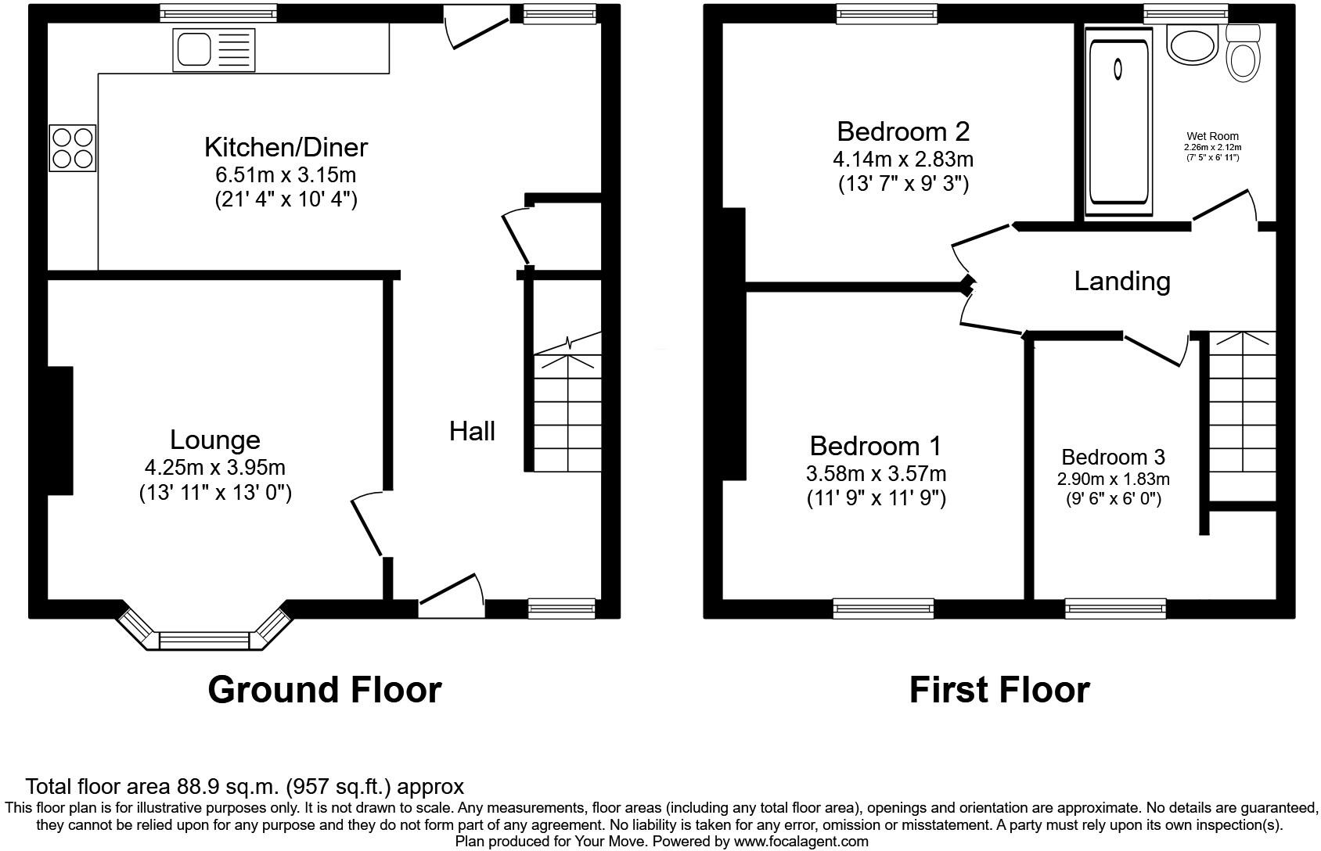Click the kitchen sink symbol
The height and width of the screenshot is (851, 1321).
pos(213,50)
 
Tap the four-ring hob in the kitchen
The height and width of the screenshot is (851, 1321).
pos(73,148)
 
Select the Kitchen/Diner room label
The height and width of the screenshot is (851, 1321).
pos(286,147)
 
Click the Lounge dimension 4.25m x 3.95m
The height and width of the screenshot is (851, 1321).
pos(214,468)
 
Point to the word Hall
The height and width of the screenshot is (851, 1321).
pos(472,431)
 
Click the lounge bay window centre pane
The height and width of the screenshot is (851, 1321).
pos(203,641)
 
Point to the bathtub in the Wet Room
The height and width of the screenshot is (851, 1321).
pos(1118,117)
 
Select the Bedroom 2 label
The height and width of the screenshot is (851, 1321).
pos(903,131)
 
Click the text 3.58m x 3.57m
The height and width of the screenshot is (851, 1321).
pos(876,473)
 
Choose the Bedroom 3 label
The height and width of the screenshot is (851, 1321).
pos(1113,457)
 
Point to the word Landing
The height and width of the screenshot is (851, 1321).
pos(1121,281)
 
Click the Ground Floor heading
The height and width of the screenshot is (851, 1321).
pos(325,690)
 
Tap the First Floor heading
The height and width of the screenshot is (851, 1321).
pos(999,690)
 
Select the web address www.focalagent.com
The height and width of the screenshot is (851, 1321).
pos(801,842)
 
